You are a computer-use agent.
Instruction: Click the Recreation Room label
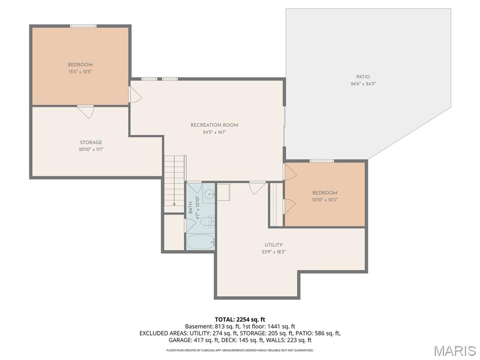(x=214, y=125)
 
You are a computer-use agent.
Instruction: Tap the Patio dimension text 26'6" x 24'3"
(x=363, y=84)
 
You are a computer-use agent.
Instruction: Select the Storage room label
(x=90, y=142)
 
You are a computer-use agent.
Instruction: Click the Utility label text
(x=273, y=245)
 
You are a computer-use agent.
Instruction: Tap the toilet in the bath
(x=211, y=220)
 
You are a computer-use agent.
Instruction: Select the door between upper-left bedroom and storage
(x=85, y=111)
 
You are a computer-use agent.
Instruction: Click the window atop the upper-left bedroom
(x=83, y=26)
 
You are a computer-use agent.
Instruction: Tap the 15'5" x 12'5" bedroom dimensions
(x=80, y=72)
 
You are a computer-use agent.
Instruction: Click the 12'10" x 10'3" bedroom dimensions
(x=325, y=200)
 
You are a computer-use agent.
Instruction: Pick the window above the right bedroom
(x=322, y=161)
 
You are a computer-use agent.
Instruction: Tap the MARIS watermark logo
(x=454, y=350)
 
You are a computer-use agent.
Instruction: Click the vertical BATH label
(x=191, y=208)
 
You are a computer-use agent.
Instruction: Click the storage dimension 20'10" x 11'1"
(x=90, y=150)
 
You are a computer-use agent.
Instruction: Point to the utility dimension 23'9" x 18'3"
(x=273, y=252)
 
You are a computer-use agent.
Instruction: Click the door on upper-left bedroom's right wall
(x=135, y=95)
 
